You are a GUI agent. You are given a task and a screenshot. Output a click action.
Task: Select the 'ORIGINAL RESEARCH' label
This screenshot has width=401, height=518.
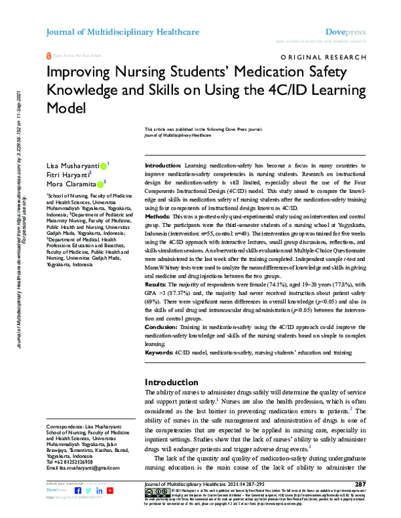[325, 58]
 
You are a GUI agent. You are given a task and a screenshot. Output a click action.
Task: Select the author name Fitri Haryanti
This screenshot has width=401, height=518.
[66, 173]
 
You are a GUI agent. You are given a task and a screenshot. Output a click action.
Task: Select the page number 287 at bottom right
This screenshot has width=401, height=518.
[360, 484]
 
